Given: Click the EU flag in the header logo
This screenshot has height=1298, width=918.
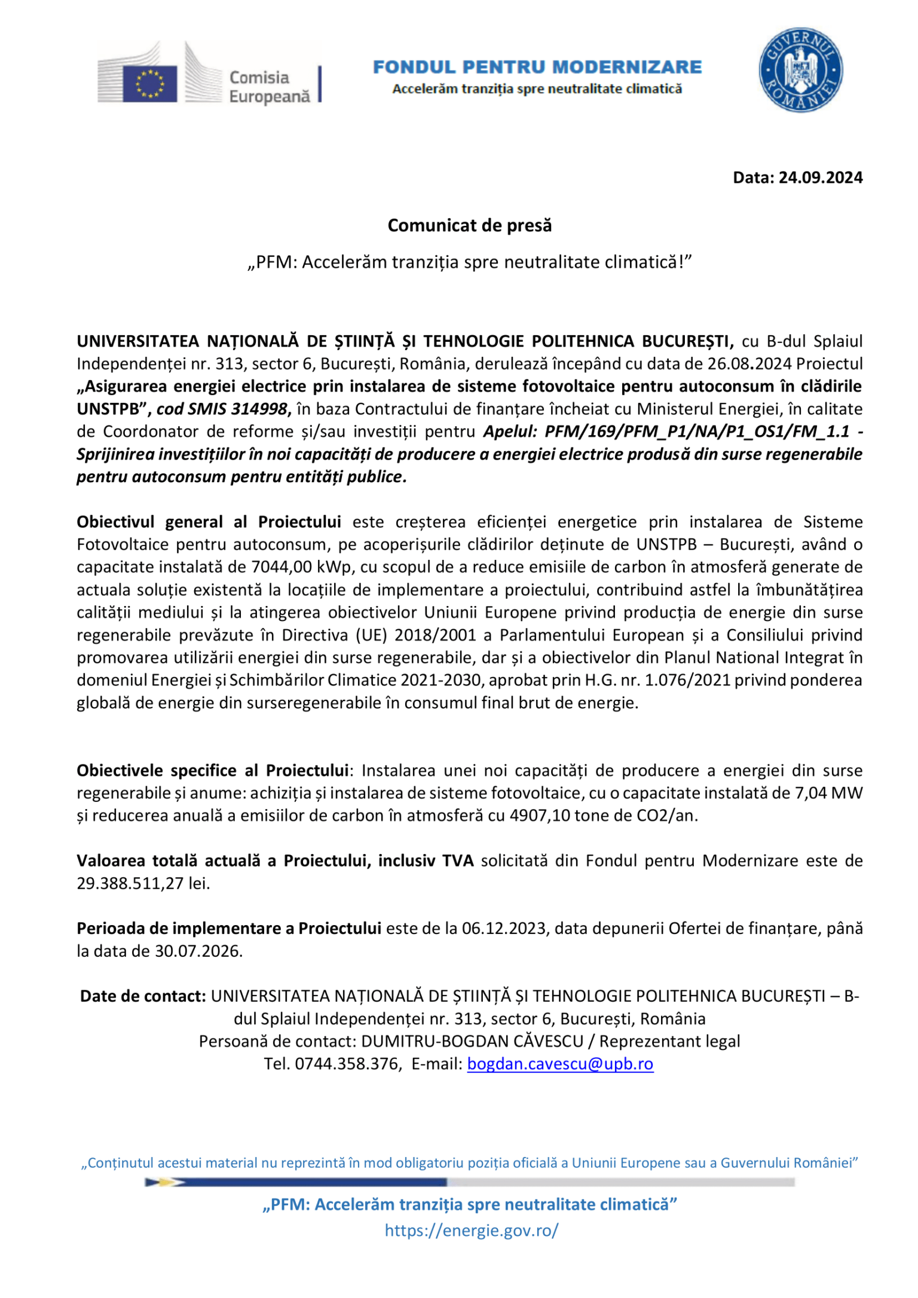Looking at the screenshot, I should point(150,84).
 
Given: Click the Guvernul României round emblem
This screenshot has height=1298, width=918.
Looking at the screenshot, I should point(800,70).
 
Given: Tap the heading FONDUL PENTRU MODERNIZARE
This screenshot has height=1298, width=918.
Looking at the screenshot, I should point(537,66).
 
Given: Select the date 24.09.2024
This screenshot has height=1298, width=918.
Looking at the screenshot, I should point(820,177).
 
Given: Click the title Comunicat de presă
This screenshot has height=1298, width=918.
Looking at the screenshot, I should point(469,225).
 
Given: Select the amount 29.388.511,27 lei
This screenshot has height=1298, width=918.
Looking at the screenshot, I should point(143,883).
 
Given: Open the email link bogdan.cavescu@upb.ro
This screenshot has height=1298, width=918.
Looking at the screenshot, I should point(560,1064).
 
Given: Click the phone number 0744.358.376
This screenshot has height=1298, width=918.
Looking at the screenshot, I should point(347,1064).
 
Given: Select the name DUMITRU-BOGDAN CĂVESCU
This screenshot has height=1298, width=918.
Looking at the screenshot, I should point(472,1041).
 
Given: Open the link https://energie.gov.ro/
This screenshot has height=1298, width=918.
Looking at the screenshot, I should point(471,1230).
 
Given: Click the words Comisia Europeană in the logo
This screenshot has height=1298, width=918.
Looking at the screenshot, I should point(269,87).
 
